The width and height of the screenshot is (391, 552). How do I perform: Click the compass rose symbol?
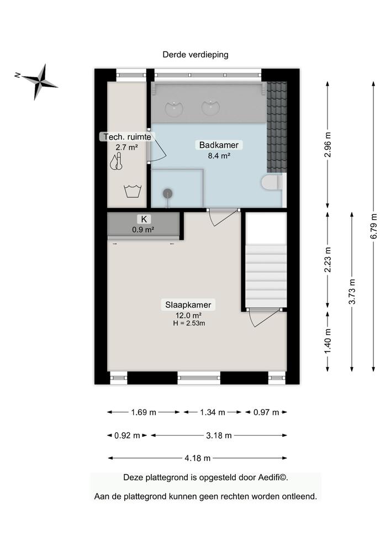pyautogui.click(x=39, y=82)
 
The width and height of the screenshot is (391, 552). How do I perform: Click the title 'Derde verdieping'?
pyautogui.click(x=195, y=55)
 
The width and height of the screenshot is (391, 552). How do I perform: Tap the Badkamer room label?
pyautogui.click(x=219, y=145)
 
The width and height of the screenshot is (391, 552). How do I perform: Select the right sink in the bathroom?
pyautogui.click(x=210, y=107)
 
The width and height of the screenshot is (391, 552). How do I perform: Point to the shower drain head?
pyautogui.click(x=167, y=193)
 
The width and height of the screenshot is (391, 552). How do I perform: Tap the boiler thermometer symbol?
pyautogui.click(x=115, y=162)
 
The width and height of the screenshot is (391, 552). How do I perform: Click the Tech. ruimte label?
pyautogui.click(x=126, y=137)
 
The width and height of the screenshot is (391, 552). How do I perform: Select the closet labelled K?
pyautogui.click(x=143, y=225)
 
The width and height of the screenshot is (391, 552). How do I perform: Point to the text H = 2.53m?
pyautogui.click(x=189, y=323)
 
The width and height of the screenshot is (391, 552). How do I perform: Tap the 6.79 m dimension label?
pyautogui.click(x=374, y=226)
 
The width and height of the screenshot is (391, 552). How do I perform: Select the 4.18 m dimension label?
pyautogui.click(x=198, y=458)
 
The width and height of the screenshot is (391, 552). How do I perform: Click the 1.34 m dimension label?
pyautogui.click(x=213, y=412)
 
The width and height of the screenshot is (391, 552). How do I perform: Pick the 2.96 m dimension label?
pyautogui.click(x=328, y=145)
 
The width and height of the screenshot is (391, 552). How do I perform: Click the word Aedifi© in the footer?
pyautogui.click(x=271, y=477)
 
